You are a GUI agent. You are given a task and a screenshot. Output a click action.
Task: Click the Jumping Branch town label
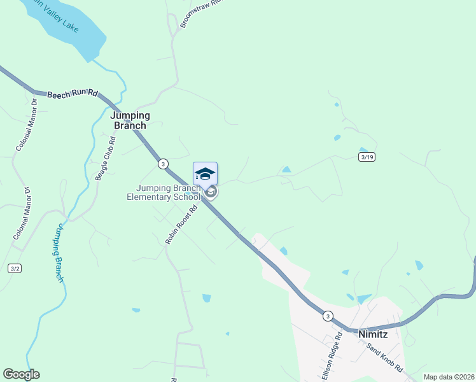click(130, 120)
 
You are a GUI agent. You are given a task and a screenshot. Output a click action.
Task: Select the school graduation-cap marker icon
click(205, 174)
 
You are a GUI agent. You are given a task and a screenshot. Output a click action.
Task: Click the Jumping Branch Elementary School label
click(164, 192)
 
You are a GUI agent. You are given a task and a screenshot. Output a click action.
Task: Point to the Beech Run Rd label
click(72, 94)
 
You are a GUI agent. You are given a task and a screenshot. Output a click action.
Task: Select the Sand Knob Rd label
click(385, 358)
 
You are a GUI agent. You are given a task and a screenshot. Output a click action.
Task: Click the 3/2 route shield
click(15, 269)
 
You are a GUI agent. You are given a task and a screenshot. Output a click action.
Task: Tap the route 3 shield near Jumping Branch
click(164, 164)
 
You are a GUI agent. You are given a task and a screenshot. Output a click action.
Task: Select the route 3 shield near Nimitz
click(327, 316)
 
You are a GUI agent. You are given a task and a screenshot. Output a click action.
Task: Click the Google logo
click(21, 374)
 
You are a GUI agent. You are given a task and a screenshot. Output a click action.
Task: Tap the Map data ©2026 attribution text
click(449, 377)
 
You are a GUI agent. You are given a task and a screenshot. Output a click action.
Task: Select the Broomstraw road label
click(194, 13)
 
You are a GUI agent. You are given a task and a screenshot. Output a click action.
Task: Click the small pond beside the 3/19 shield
click(363, 150)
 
